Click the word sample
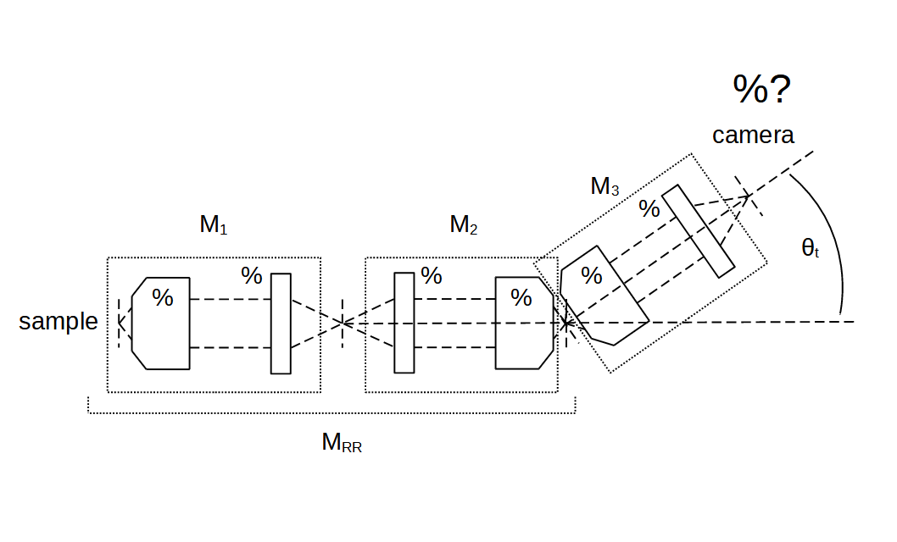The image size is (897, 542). point(58,322)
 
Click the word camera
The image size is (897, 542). point(753,135)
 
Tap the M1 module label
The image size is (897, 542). point(214,225)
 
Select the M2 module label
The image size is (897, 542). point(464,225)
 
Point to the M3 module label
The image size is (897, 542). point(604,187)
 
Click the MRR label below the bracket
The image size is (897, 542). point(342,443)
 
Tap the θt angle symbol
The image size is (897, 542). point(810,248)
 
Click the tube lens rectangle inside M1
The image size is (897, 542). point(281,324)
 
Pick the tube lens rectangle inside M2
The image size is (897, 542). point(404,323)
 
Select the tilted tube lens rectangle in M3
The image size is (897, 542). point(698,230)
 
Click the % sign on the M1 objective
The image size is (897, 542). point(162,298)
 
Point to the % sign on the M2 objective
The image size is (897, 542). point(521,298)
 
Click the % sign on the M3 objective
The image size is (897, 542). point(591,276)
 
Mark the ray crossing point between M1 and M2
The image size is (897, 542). point(341,323)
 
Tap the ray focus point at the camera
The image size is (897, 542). point(748,196)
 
